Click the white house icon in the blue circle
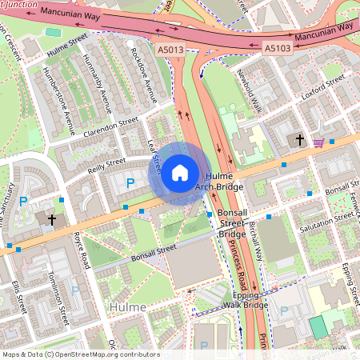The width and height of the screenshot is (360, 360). (180, 173)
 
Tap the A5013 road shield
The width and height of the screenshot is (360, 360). (170, 49)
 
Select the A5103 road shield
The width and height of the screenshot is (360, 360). (278, 49)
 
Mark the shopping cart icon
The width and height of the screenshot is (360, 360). (318, 142)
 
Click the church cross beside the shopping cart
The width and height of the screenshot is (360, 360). (299, 140)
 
